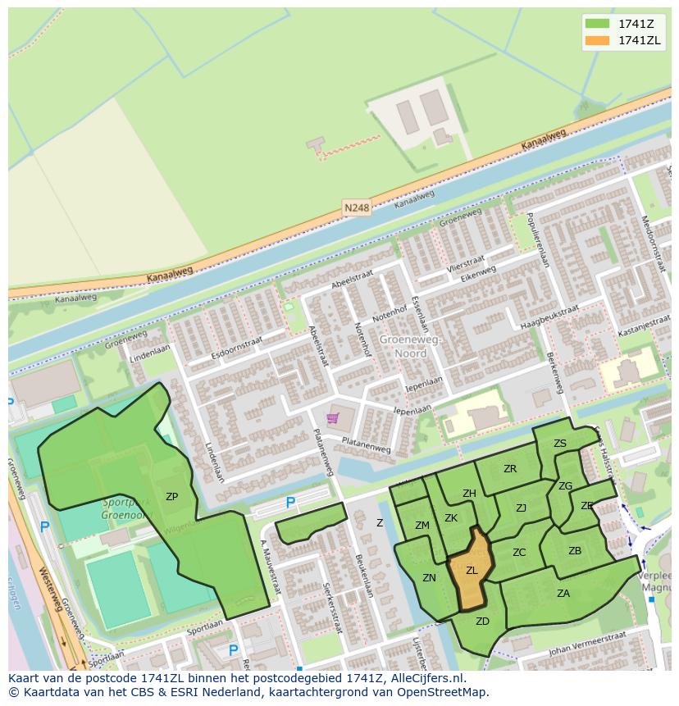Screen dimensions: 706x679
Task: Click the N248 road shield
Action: point(357,208)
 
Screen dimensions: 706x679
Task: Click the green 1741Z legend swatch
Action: point(597,24)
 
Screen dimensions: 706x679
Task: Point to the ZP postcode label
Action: point(171,497)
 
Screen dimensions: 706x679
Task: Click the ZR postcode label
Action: point(510,469)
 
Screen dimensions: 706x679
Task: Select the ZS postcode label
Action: point(560,444)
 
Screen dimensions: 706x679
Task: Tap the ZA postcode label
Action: point(563,594)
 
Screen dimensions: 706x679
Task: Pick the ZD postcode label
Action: point(482,622)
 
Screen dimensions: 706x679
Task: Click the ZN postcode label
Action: point(429,578)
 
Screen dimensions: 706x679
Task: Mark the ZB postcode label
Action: point(575,551)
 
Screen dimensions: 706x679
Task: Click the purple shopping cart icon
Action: point(332,418)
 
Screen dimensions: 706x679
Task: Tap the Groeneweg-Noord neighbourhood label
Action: point(410,346)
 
